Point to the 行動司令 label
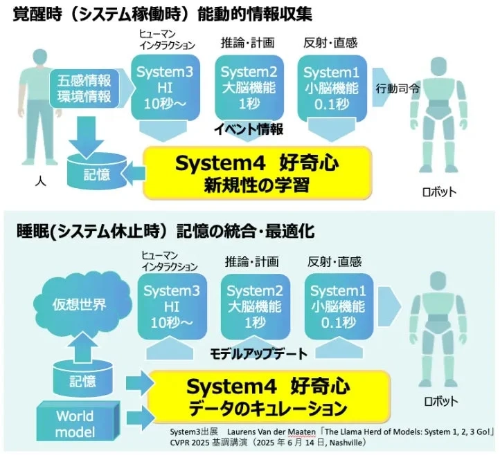[397, 89]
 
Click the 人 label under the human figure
[39, 185]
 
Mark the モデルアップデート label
[258, 354]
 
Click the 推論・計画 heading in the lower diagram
[251, 261]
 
